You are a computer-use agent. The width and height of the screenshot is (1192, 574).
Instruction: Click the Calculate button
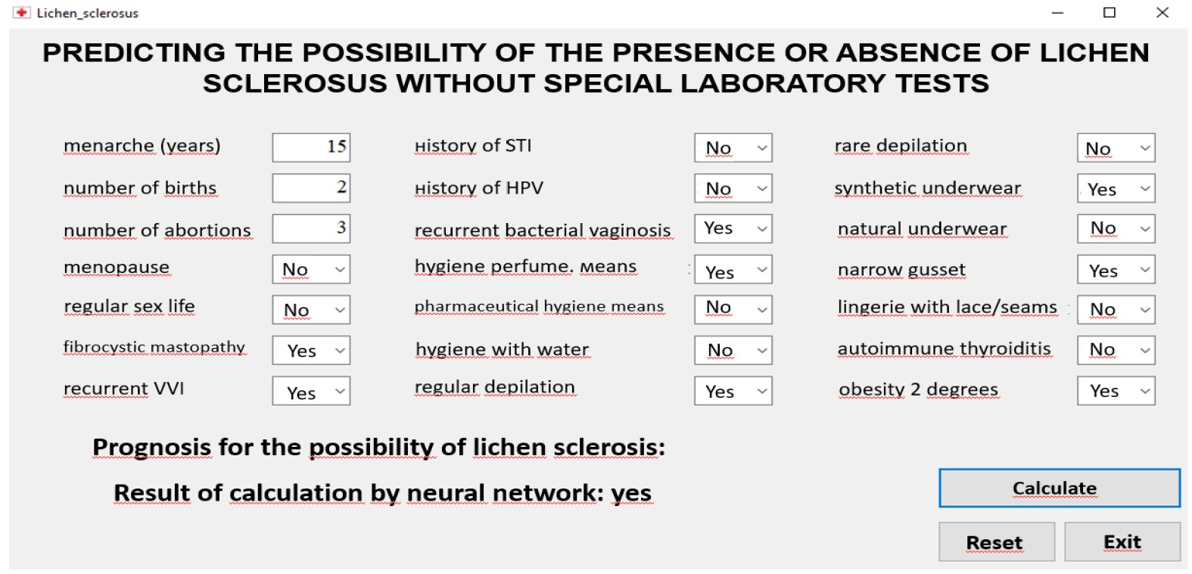(x=1060, y=488)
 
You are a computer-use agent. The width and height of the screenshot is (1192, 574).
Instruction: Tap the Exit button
(x=1122, y=541)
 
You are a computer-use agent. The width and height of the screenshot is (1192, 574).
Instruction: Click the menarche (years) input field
(x=311, y=147)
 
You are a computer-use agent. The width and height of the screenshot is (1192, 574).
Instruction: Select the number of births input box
(x=311, y=188)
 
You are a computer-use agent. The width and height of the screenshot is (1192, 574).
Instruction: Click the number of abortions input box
(x=311, y=228)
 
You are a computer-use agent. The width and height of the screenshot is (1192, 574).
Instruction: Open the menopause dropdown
(x=311, y=269)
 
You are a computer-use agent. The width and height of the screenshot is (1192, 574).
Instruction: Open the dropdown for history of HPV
(x=733, y=188)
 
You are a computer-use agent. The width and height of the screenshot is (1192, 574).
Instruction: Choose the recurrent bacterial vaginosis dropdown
(x=733, y=228)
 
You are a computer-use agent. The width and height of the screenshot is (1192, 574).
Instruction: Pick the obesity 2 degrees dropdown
(x=1116, y=391)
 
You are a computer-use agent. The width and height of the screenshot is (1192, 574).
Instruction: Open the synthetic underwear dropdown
(x=1116, y=188)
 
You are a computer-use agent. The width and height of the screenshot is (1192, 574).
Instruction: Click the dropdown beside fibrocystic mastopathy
(x=311, y=350)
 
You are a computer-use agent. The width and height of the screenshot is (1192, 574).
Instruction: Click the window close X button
(x=1162, y=12)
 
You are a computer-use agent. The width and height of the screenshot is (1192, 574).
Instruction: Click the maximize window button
(x=1110, y=12)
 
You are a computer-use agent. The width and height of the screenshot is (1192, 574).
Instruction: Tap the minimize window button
(x=1058, y=13)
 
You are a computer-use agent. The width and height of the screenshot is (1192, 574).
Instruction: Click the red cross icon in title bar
(x=21, y=12)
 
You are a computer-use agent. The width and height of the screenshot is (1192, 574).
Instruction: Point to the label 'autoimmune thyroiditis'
(x=945, y=349)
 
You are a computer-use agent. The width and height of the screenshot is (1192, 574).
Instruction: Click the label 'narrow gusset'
(x=901, y=270)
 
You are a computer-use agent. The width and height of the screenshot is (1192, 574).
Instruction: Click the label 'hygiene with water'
(x=503, y=349)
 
